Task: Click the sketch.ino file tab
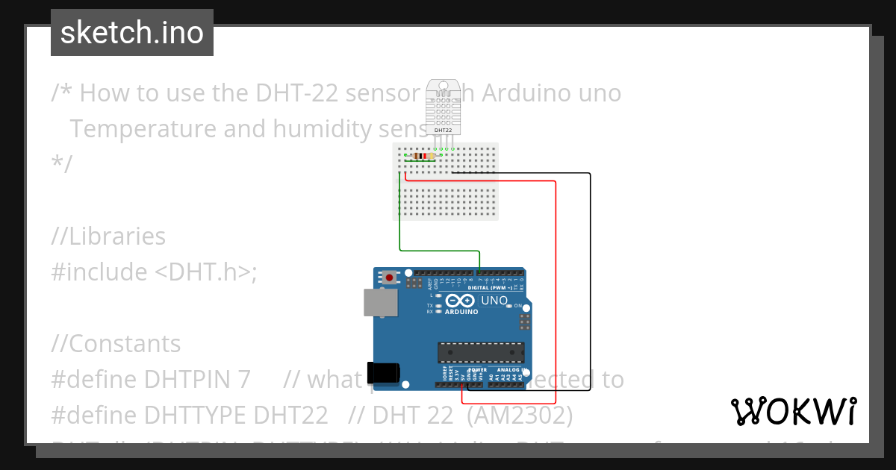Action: coord(132,33)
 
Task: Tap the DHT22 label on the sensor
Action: coord(443,130)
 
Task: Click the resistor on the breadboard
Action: coord(422,157)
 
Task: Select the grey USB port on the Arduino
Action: coord(380,302)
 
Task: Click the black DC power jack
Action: coord(383,373)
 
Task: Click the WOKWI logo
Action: coord(793,411)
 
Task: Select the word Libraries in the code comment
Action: coord(116,236)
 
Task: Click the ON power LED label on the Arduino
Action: coord(517,306)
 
